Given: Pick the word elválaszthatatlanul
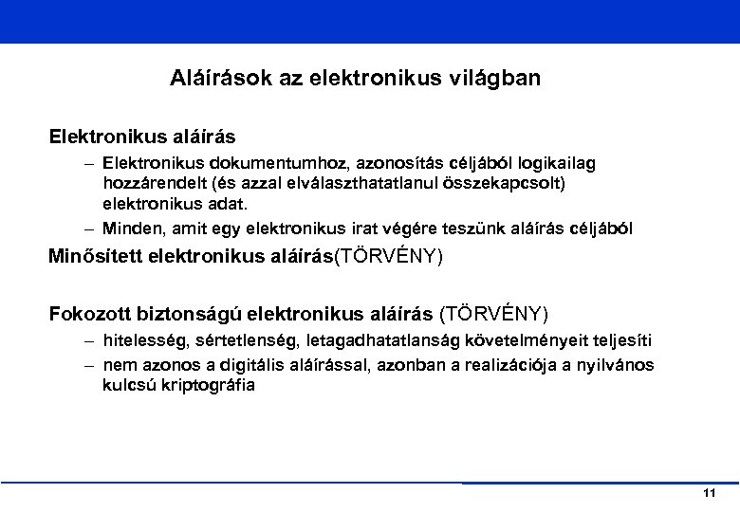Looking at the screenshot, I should click(x=360, y=184).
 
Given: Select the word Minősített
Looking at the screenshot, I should click(x=96, y=256).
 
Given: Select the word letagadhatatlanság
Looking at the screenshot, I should click(x=367, y=341).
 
